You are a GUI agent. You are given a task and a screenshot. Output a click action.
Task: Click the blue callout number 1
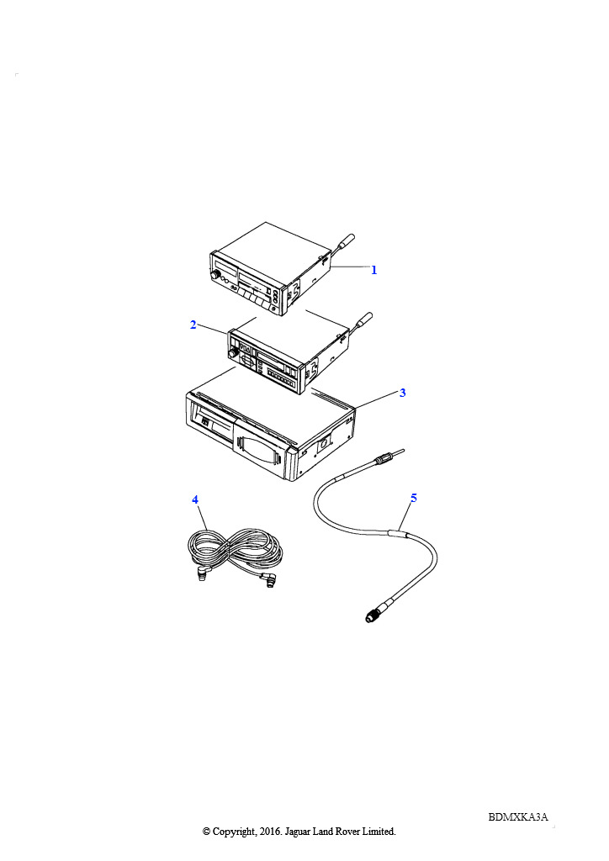[374, 270]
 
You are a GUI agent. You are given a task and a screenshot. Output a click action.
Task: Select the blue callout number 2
[193, 325]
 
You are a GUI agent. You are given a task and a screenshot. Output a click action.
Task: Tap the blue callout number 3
[403, 394]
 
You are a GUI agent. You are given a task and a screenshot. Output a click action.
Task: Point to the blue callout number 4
[195, 499]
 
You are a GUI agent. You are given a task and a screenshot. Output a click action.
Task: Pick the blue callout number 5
[414, 498]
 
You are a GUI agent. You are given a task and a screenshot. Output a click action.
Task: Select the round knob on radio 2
[233, 354]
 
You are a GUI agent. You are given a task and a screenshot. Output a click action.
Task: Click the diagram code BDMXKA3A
[518, 816]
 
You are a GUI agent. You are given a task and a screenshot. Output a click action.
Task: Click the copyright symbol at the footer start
[206, 832]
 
